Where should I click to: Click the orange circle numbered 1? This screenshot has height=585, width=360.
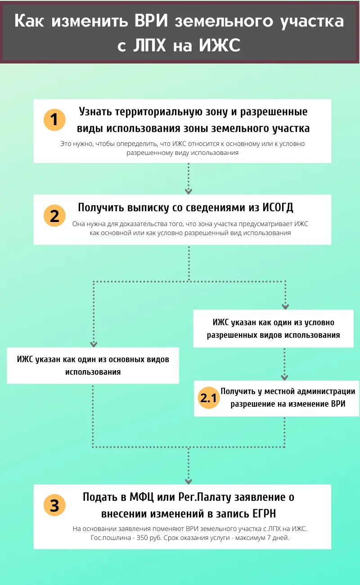click(54, 120)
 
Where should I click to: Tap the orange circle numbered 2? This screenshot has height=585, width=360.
click(54, 216)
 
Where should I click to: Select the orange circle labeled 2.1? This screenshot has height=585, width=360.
click(208, 398)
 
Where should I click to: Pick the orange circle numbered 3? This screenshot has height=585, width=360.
click(54, 505)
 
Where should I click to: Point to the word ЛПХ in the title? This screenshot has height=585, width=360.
click(149, 45)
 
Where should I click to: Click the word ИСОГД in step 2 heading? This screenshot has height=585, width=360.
click(278, 207)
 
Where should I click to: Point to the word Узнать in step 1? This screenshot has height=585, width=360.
click(95, 111)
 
